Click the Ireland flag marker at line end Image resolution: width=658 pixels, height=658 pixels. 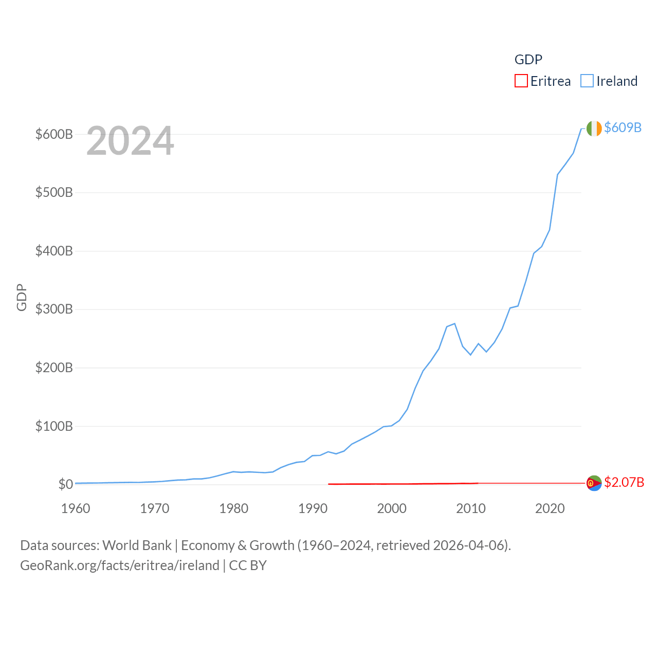594,129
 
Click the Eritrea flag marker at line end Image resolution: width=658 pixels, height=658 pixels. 594,483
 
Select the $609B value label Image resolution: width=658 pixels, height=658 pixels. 623,127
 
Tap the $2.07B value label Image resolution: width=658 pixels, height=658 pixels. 624,482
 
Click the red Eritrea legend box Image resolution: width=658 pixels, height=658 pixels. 521,81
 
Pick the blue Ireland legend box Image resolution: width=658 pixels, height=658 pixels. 587,81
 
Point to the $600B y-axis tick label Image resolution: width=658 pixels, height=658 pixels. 54,135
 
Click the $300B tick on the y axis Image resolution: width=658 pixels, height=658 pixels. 54,309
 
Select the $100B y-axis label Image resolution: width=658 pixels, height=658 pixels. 54,426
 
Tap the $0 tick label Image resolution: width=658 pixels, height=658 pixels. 65,485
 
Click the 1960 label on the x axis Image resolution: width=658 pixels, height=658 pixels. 76,509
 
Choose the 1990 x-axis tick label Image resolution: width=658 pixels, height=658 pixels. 313,509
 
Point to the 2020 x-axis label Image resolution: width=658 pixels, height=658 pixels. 550,509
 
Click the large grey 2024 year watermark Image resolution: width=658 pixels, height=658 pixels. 130,141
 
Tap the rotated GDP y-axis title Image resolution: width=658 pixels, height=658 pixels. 22,297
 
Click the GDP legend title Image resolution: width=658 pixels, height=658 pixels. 528,60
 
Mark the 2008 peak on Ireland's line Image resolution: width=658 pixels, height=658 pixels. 454,323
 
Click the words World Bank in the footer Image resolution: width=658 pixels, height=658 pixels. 137,545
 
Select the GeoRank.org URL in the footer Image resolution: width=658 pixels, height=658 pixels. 120,565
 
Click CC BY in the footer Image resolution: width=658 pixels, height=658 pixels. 248,565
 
